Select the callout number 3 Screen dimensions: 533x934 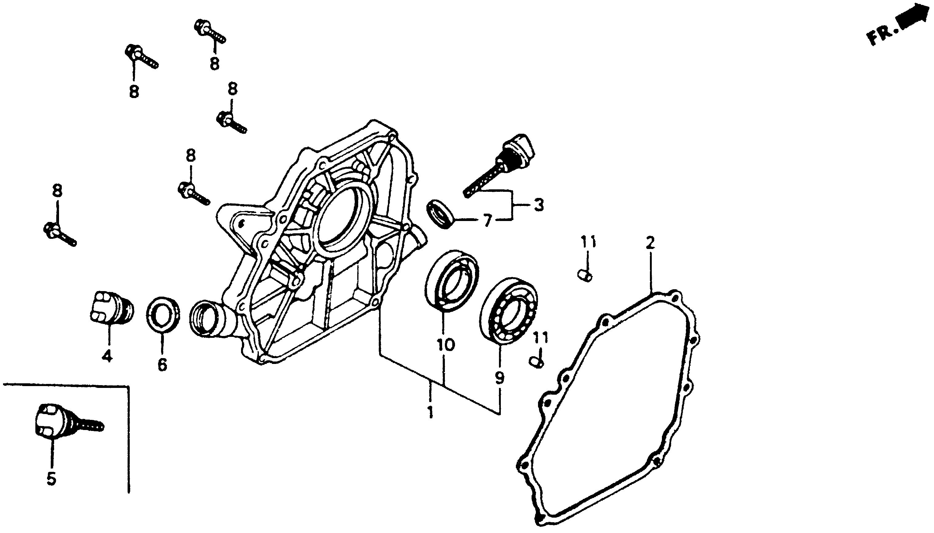point(538,205)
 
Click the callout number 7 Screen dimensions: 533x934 point(487,221)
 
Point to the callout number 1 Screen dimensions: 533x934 point(430,412)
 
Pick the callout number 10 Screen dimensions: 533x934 point(445,345)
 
